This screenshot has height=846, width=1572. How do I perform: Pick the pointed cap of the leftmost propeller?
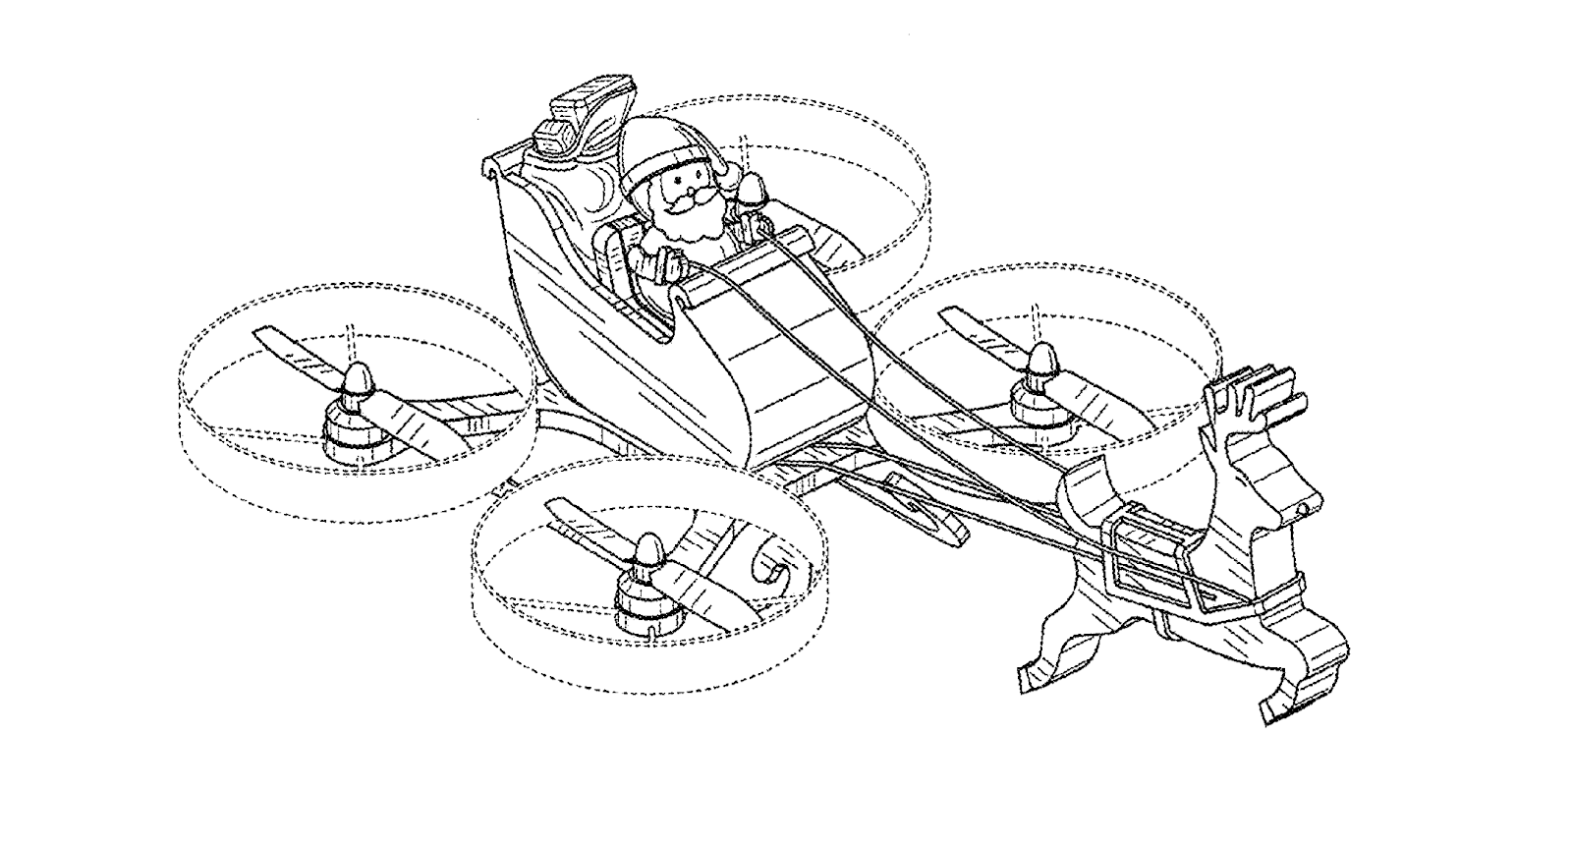tap(358, 376)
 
